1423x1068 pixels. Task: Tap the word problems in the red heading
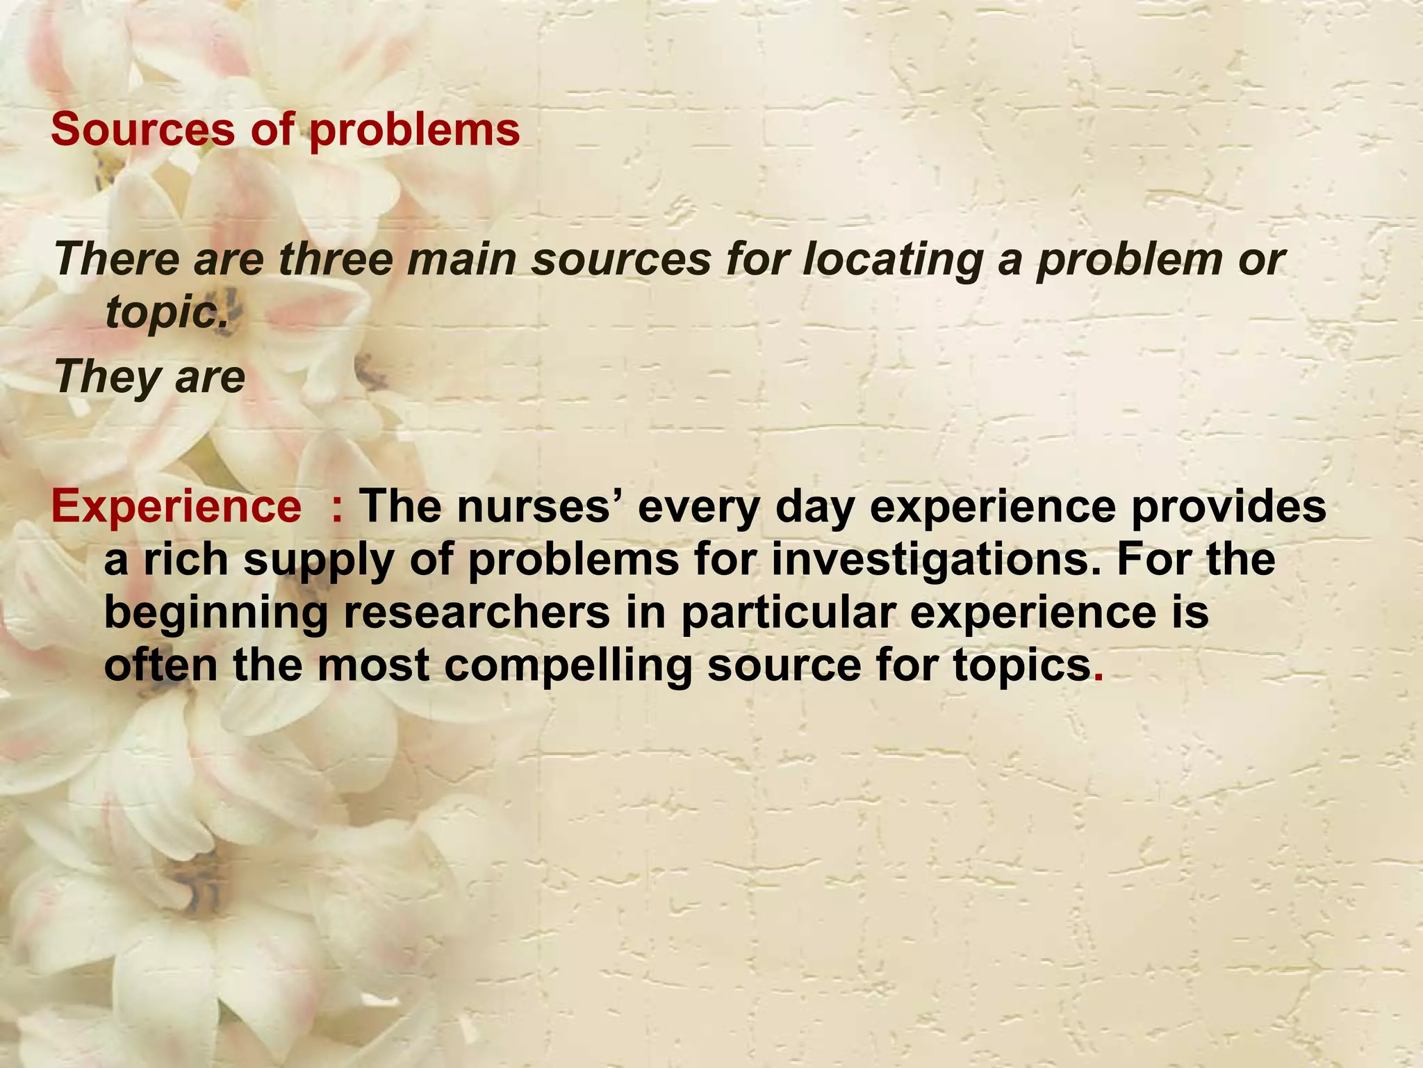tap(414, 129)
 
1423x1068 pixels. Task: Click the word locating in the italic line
tap(895, 259)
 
